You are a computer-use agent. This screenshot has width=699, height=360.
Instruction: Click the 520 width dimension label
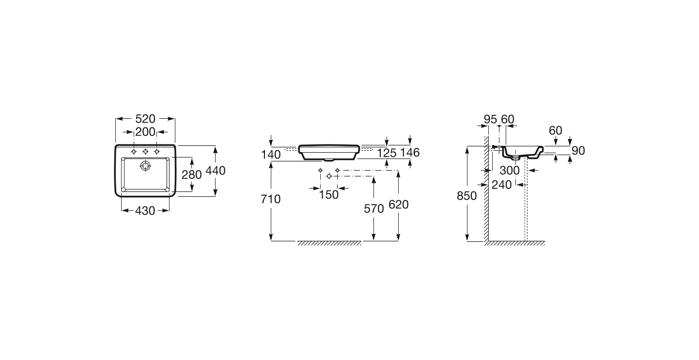pos(145,119)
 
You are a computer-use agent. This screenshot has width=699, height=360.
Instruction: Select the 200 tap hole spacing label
pos(145,132)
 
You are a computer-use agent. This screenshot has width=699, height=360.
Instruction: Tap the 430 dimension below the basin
pos(145,211)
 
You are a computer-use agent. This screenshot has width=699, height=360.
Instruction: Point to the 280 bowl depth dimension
pos(192,174)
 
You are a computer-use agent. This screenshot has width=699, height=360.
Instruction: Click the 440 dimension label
pos(216,171)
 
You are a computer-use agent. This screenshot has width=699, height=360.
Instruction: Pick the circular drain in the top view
pos(145,166)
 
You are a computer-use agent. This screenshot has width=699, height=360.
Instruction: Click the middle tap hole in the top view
pos(145,152)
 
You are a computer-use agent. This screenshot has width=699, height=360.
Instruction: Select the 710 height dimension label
pos(271,199)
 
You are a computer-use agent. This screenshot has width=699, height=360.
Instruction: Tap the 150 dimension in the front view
pos(328,195)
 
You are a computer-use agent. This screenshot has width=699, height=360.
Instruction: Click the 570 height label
pos(374,209)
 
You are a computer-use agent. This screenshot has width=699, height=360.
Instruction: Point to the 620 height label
pos(399,204)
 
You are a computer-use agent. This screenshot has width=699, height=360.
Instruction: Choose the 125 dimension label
pos(387,153)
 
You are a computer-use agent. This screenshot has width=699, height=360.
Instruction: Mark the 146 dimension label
pos(410,152)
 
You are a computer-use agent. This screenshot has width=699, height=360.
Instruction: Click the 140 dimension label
pos(271,154)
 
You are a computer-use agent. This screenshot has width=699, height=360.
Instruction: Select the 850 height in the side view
pos(467,196)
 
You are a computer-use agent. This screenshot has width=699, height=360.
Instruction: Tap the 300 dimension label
pos(510,171)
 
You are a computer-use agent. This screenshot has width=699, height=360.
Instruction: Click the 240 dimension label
pos(502,185)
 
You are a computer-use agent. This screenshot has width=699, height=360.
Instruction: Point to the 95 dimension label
pos(490,119)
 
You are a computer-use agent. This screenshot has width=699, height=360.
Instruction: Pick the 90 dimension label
pos(578,151)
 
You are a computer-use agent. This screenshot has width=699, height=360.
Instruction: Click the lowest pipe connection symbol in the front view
pos(329,176)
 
